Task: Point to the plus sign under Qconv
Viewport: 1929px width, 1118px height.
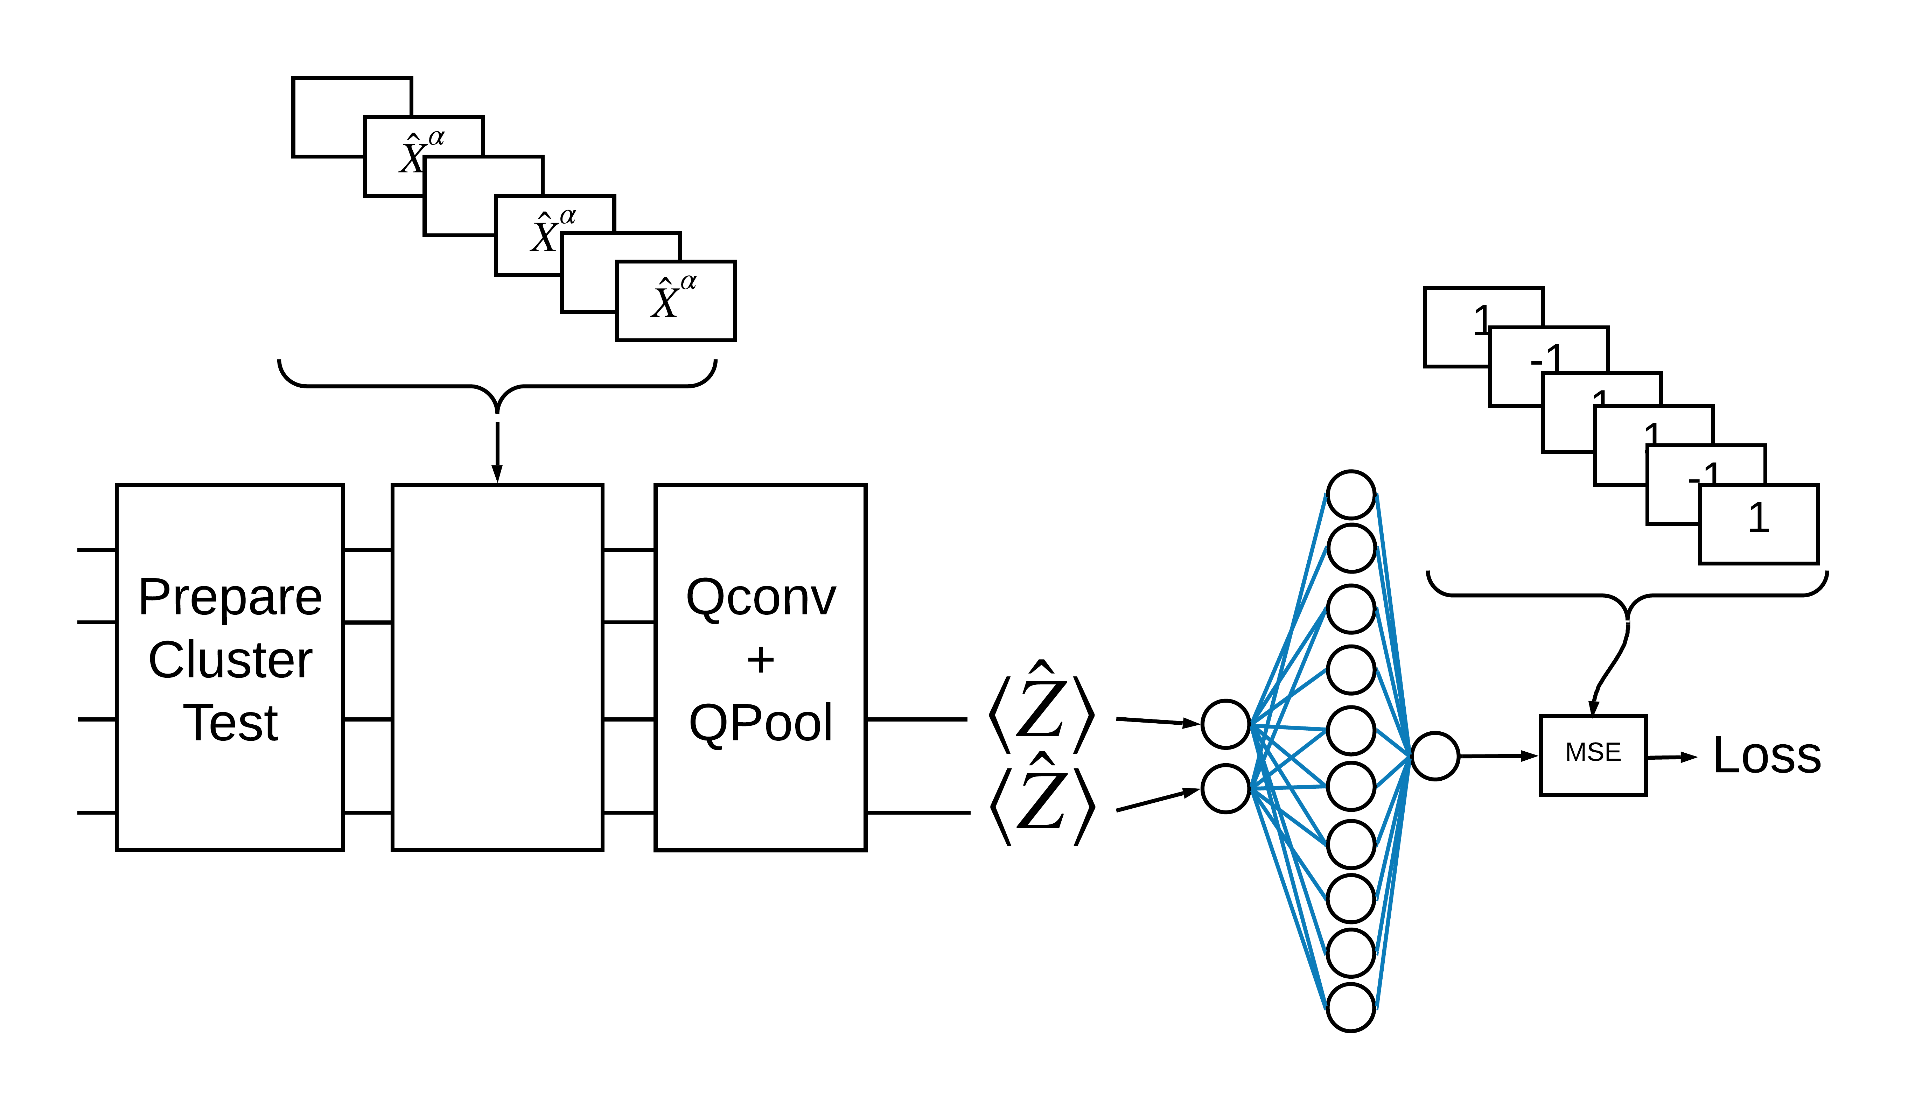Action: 760,660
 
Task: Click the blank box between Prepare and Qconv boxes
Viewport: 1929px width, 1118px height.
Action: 497,667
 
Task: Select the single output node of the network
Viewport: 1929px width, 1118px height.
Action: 1434,756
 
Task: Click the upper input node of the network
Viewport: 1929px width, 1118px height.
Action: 1225,724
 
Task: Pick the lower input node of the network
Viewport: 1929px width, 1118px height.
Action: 1225,788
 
